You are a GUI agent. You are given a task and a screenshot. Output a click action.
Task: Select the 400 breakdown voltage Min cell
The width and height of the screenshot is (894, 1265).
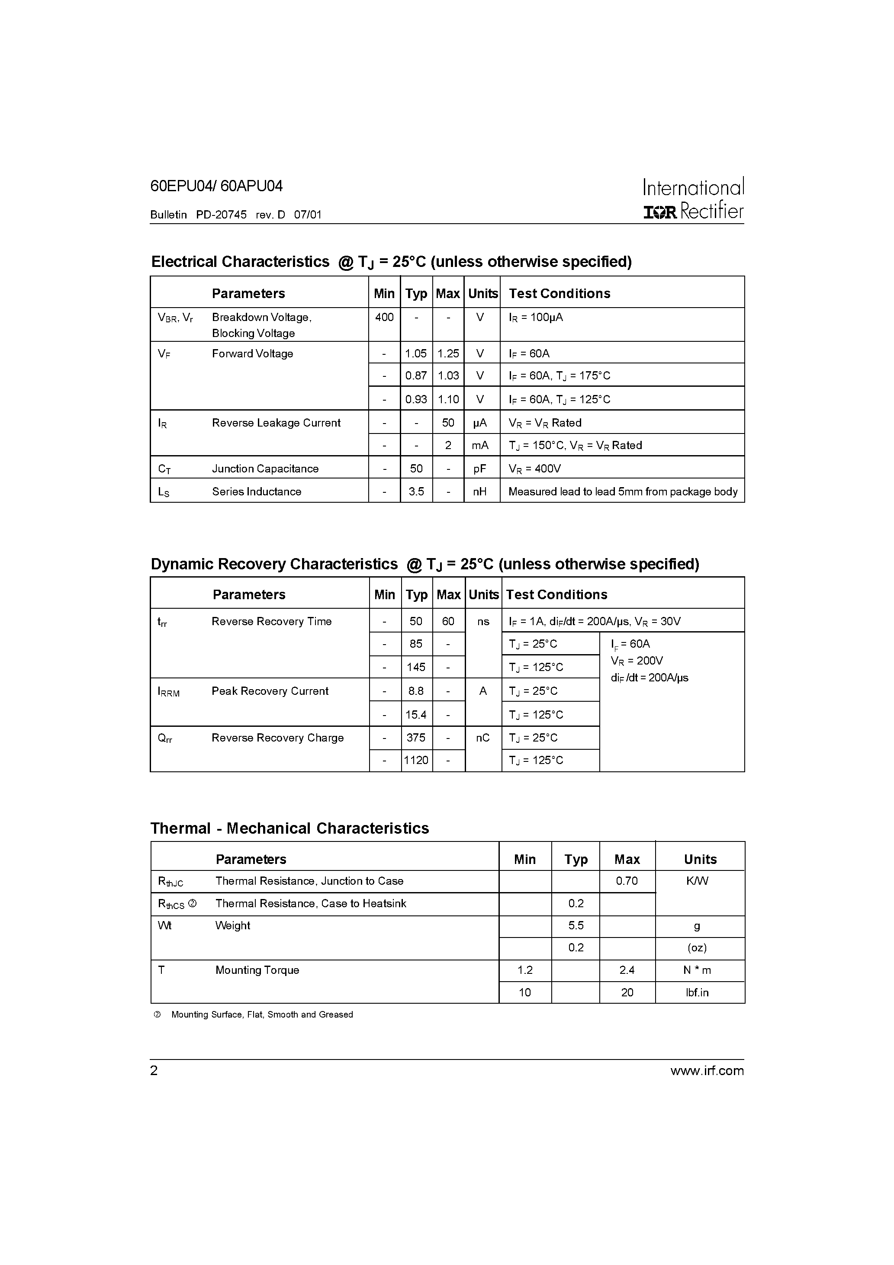coord(384,318)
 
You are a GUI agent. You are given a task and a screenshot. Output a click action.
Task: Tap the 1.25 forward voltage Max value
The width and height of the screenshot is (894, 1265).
coord(448,354)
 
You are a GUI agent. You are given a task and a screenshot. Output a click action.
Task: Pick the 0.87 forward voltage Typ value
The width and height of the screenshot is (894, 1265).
coord(416,376)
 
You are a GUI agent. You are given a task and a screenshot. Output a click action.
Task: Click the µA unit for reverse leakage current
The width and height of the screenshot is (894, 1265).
coord(480,423)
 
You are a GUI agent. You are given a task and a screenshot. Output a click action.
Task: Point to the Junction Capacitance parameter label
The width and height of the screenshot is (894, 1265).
coord(265,469)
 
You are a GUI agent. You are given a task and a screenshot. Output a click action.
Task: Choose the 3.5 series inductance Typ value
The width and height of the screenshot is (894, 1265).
coord(416,491)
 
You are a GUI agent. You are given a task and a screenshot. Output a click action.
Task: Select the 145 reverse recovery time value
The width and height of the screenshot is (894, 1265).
coord(416,667)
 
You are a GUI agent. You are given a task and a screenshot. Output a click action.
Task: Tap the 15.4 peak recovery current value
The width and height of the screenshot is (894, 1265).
coord(416,715)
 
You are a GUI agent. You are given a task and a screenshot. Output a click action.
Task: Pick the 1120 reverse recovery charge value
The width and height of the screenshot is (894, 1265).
coord(416,760)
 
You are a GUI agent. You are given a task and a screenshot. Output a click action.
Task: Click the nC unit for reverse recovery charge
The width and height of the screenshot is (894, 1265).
coord(483,738)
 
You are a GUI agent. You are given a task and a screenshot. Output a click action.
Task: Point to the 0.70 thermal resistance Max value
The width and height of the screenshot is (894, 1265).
coord(627,881)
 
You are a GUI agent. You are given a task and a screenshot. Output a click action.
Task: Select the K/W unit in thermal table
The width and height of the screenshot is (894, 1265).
coord(697,881)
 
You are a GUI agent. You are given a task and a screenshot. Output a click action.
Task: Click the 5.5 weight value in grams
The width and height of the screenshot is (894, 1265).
coord(576,926)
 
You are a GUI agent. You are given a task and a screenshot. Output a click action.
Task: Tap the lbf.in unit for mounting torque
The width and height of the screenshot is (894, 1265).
coord(697,992)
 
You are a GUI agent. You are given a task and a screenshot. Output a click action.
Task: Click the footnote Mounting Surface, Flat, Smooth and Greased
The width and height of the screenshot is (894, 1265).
coord(262,1015)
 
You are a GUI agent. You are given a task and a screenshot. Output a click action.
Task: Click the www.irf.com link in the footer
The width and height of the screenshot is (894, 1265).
coord(707,1070)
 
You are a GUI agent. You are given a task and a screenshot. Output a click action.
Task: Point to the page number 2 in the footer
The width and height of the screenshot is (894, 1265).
coord(154,1070)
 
